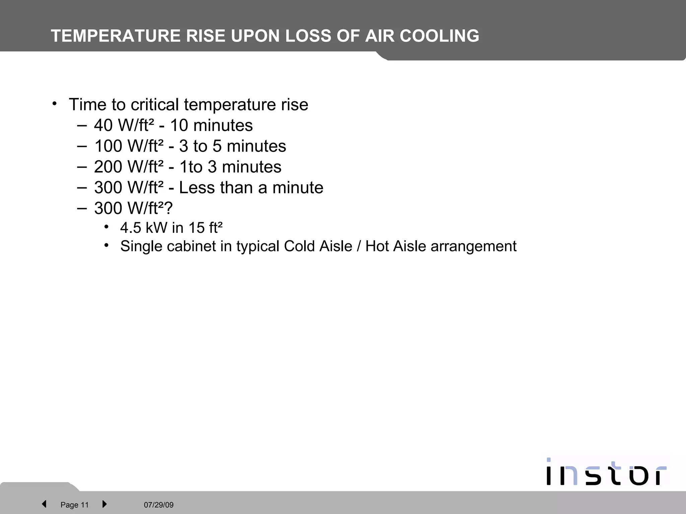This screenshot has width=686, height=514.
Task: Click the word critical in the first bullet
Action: pyautogui.click(x=155, y=104)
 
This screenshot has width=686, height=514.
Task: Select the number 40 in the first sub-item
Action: pyautogui.click(x=103, y=125)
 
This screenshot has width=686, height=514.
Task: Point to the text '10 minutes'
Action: pyautogui.click(x=211, y=125)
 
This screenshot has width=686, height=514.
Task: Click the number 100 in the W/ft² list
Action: pyautogui.click(x=108, y=146)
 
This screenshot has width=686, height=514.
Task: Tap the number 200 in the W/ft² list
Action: pyautogui.click(x=108, y=167)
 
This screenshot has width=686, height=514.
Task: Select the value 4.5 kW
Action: pyautogui.click(x=144, y=228)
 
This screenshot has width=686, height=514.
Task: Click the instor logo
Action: pyautogui.click(x=606, y=472)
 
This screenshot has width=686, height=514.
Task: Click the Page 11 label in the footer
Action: pyautogui.click(x=74, y=505)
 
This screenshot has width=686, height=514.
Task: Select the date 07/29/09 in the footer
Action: pyautogui.click(x=159, y=505)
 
